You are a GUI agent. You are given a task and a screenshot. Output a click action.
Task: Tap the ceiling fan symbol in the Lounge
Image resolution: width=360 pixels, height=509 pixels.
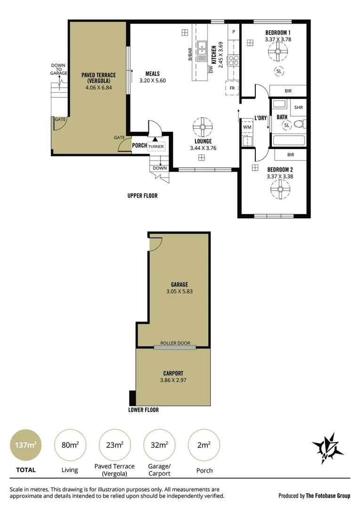click(203, 127)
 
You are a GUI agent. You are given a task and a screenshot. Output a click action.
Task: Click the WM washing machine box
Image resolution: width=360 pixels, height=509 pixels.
click(247, 127)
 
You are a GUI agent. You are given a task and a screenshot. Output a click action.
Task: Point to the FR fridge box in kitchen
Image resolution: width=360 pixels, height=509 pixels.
click(232, 88)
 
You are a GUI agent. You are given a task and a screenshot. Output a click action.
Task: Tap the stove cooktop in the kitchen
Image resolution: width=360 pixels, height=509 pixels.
click(233, 60)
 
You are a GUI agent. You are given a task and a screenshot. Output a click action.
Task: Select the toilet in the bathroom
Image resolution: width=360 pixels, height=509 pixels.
click(299, 125)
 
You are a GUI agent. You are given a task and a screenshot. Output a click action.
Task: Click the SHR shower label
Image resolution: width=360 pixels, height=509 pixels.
click(298, 107)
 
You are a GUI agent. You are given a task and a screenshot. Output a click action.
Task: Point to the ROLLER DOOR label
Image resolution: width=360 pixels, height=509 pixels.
click(174, 343)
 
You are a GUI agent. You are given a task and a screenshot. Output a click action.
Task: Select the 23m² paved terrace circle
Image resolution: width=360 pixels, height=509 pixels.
click(114, 444)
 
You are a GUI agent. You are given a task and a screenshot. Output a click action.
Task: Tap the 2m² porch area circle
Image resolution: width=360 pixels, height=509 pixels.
click(204, 444)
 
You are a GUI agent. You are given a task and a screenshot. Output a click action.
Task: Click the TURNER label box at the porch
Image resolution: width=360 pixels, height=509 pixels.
click(156, 147)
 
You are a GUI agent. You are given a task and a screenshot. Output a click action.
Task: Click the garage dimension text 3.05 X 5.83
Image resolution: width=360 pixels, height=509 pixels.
click(179, 291)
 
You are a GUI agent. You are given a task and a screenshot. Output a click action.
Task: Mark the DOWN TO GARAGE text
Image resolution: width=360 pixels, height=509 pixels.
click(59, 69)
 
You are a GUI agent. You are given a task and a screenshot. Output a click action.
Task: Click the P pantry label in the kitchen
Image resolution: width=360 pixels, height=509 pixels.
click(233, 32)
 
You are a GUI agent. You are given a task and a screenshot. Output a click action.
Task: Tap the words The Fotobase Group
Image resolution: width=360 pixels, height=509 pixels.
click(328, 495)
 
